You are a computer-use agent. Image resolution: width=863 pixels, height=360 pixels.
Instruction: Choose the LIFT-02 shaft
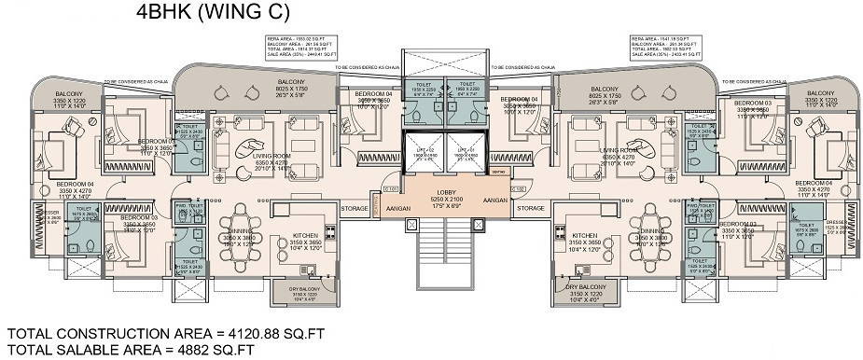(425, 154)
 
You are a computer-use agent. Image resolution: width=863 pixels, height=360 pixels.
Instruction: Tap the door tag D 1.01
(391, 188)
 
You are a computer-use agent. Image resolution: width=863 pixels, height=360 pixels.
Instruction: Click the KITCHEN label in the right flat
(585, 236)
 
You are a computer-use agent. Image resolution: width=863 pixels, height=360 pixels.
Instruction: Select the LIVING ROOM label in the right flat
(619, 149)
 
